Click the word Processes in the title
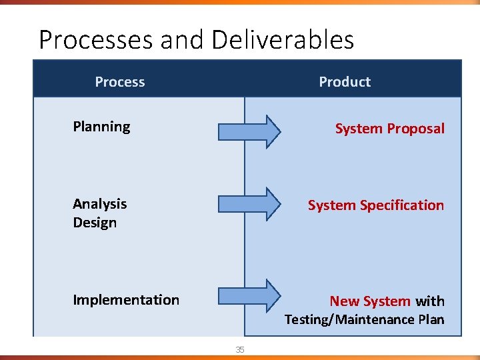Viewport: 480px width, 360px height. (96, 41)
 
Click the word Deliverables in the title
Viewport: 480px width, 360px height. (283, 41)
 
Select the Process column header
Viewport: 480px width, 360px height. (120, 82)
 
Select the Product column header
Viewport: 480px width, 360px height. (345, 82)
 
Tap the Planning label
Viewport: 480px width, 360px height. (101, 127)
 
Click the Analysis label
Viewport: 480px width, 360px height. (100, 204)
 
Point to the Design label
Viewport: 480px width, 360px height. (95, 223)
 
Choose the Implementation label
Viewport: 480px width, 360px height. (126, 300)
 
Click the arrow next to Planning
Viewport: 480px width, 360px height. (250, 131)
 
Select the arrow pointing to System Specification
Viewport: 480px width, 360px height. (250, 203)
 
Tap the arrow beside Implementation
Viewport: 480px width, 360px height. (250, 295)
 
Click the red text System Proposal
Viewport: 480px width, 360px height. (389, 129)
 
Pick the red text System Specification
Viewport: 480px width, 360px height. (376, 205)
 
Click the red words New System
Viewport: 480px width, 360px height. (370, 301)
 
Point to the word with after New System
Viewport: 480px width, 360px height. (430, 301)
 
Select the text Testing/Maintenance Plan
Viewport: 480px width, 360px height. (364, 319)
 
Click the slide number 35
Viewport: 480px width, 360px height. (240, 350)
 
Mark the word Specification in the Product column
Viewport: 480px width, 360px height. (402, 205)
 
